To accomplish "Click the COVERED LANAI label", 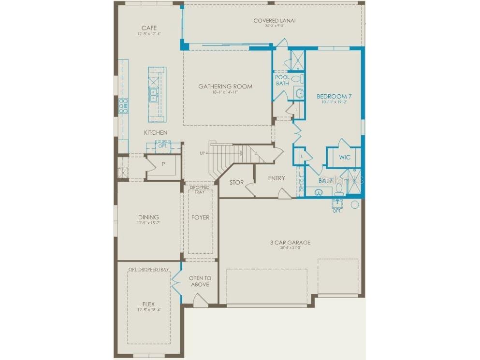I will pos(274,20).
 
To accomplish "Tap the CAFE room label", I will pos(149,28).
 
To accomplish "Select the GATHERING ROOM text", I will pos(225,86).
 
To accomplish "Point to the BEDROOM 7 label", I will pos(334,96).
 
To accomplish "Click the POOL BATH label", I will pos(282,80).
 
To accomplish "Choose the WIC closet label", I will pos(344,158).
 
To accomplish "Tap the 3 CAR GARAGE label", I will pos(290,243).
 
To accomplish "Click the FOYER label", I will pos(200,217).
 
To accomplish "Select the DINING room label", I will pos(148,217).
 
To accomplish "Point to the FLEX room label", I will pos(148,304).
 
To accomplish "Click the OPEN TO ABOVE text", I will pos(200,281).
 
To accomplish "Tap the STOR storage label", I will pos(236,183).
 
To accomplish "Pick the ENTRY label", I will pos(276,178).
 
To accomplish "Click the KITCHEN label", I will pos(156,132).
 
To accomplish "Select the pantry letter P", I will pos(163,164).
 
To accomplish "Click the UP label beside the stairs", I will pos(202,153).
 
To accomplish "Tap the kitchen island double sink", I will pos(154,94).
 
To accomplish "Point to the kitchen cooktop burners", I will pos(123,105).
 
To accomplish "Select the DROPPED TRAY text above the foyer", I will pos(200,189).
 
